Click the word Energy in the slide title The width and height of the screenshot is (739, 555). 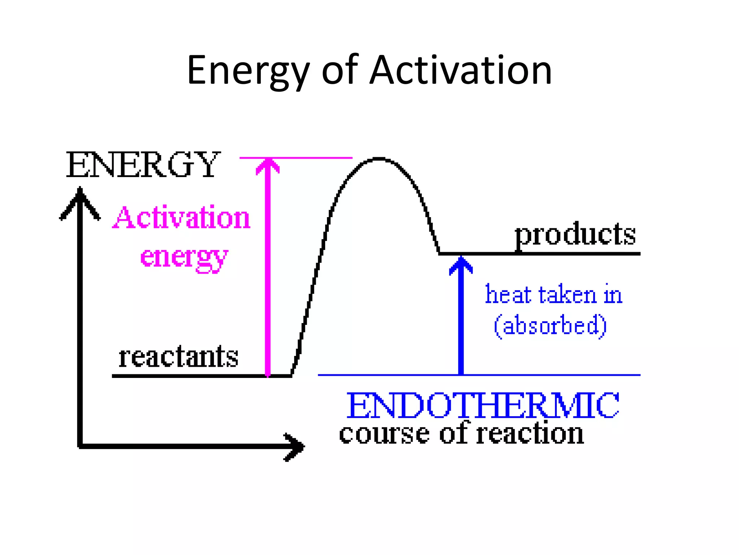[248, 71]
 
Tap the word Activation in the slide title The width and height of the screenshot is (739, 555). [461, 70]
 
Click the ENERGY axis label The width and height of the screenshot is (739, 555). [143, 165]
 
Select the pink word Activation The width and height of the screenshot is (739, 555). [182, 218]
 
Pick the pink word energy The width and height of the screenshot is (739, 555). [184, 257]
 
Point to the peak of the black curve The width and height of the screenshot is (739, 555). [379, 158]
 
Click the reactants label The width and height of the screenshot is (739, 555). [179, 357]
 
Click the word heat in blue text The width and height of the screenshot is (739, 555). [508, 294]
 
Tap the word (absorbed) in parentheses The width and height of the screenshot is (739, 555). [550, 326]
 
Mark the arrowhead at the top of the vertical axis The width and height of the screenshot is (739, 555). [80, 201]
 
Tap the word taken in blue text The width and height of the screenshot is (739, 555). [567, 294]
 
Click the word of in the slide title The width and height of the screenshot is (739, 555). [340, 70]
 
